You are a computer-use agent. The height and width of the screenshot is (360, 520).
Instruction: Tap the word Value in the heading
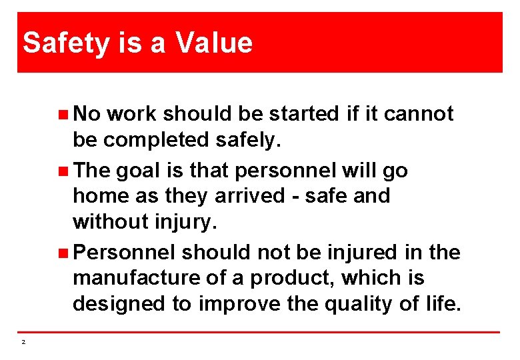click(x=215, y=43)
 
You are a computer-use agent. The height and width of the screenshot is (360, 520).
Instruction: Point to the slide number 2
click(x=23, y=342)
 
